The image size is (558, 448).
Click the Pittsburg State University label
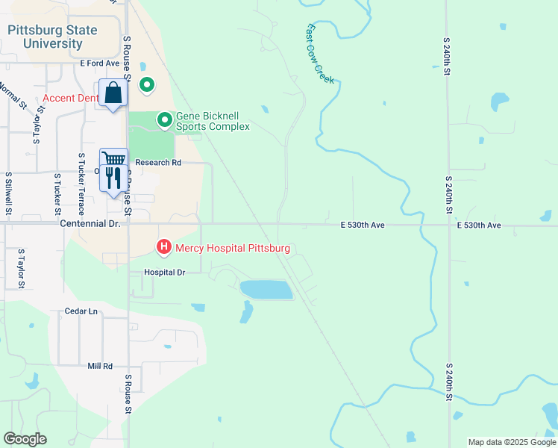(x=52, y=37)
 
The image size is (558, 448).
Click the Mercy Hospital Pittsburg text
(x=232, y=248)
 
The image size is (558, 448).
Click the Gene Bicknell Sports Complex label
(x=213, y=122)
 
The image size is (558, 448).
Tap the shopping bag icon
(x=113, y=93)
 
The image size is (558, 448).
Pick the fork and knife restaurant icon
(x=113, y=178)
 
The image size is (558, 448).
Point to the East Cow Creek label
(x=320, y=53)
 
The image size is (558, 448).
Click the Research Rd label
(x=158, y=162)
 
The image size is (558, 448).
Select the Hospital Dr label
(x=164, y=273)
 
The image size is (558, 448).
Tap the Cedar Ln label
(x=81, y=311)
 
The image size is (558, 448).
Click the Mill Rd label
(x=99, y=366)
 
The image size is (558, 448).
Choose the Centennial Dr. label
(x=89, y=223)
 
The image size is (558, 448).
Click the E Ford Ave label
(x=100, y=63)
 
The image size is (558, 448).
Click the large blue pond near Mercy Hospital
(x=266, y=290)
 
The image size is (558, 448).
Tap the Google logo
(x=25, y=439)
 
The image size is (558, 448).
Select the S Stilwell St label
(x=8, y=194)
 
